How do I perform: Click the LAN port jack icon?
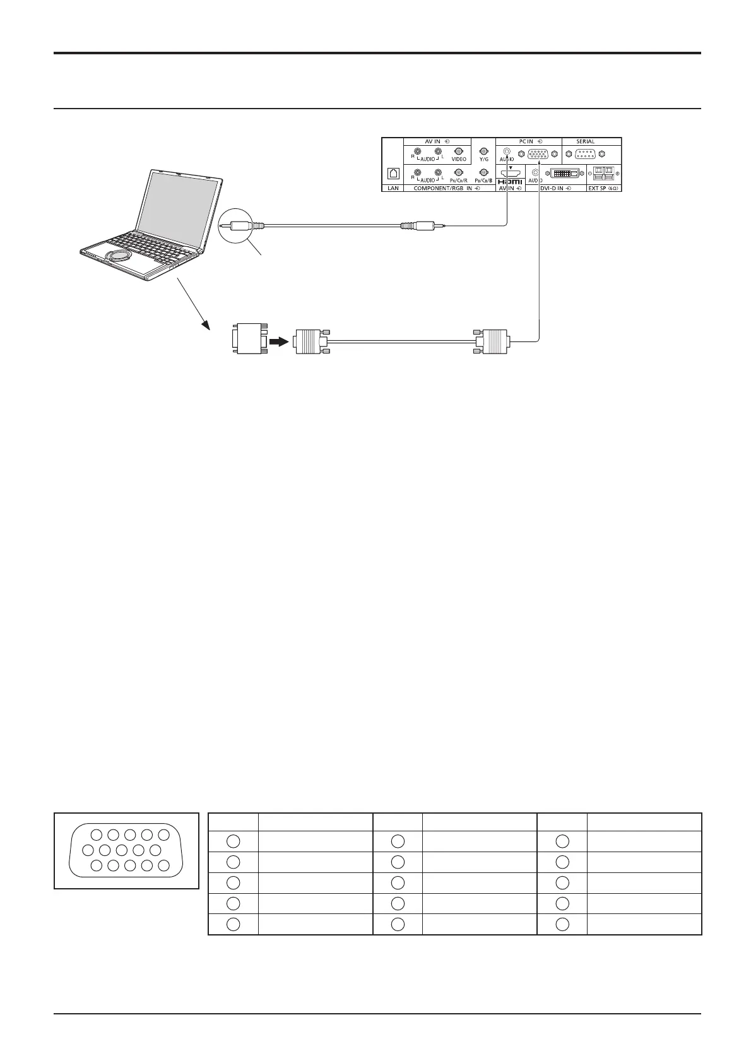click(x=393, y=172)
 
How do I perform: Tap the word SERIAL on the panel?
click(x=585, y=141)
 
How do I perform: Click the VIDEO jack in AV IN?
click(x=459, y=152)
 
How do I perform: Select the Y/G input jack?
click(x=483, y=151)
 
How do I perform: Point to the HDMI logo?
click(x=510, y=181)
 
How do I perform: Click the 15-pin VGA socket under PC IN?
click(x=537, y=153)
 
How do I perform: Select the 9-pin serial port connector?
click(x=585, y=153)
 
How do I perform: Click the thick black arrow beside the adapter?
click(x=278, y=341)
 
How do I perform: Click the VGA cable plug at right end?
click(x=493, y=341)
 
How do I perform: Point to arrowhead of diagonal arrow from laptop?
click(x=206, y=326)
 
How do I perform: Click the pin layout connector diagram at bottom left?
click(x=126, y=850)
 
